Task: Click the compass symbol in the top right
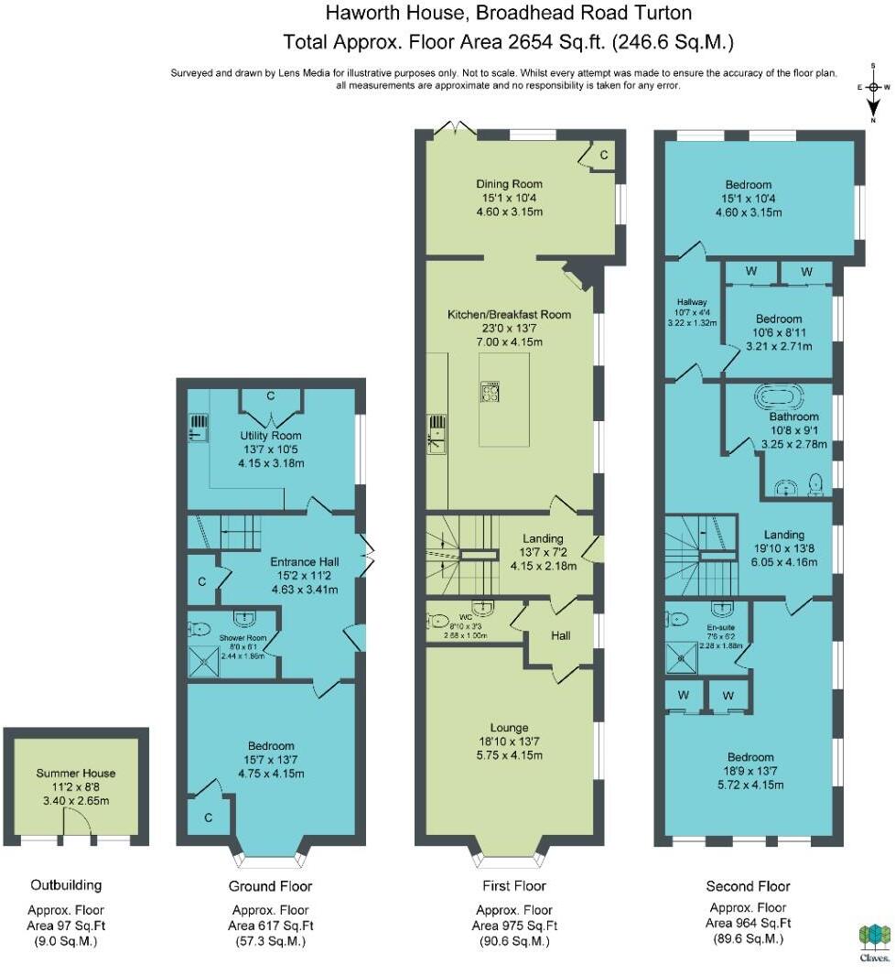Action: pos(874,88)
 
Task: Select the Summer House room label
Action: pos(76,774)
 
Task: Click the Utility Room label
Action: pos(271,436)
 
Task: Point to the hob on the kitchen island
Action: pos(490,394)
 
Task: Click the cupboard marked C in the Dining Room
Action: pos(604,156)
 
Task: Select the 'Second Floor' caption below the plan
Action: pos(748,886)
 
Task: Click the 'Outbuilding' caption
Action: pos(66,885)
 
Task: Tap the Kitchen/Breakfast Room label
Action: pos(509,314)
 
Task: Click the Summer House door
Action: pos(76,829)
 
